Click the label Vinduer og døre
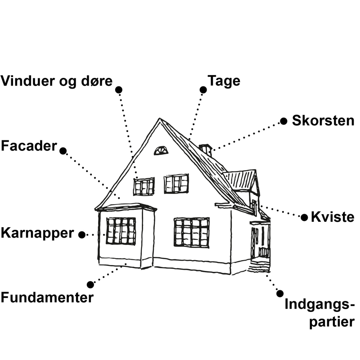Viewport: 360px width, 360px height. click(x=56, y=82)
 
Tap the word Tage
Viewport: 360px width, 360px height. click(x=224, y=81)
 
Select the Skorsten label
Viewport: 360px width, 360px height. click(x=323, y=121)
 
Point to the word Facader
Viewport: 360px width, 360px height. click(x=29, y=146)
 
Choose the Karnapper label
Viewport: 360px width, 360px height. click(x=37, y=233)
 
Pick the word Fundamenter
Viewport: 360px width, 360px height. click(x=47, y=297)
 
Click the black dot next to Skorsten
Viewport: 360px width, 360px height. click(x=283, y=121)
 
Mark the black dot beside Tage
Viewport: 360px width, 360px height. click(x=203, y=90)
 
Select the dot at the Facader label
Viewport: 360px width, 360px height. click(x=63, y=151)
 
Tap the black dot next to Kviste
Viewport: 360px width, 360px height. click(x=305, y=218)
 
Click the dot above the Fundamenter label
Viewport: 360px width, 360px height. click(x=90, y=284)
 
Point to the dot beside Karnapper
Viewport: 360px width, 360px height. click(x=82, y=234)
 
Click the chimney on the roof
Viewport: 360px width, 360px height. click(x=206, y=149)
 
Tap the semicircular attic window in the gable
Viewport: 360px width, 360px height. click(x=161, y=151)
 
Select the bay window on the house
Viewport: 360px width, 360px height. click(x=121, y=231)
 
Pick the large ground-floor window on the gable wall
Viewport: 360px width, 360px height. click(x=192, y=232)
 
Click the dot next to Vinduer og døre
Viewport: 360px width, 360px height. click(x=119, y=90)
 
